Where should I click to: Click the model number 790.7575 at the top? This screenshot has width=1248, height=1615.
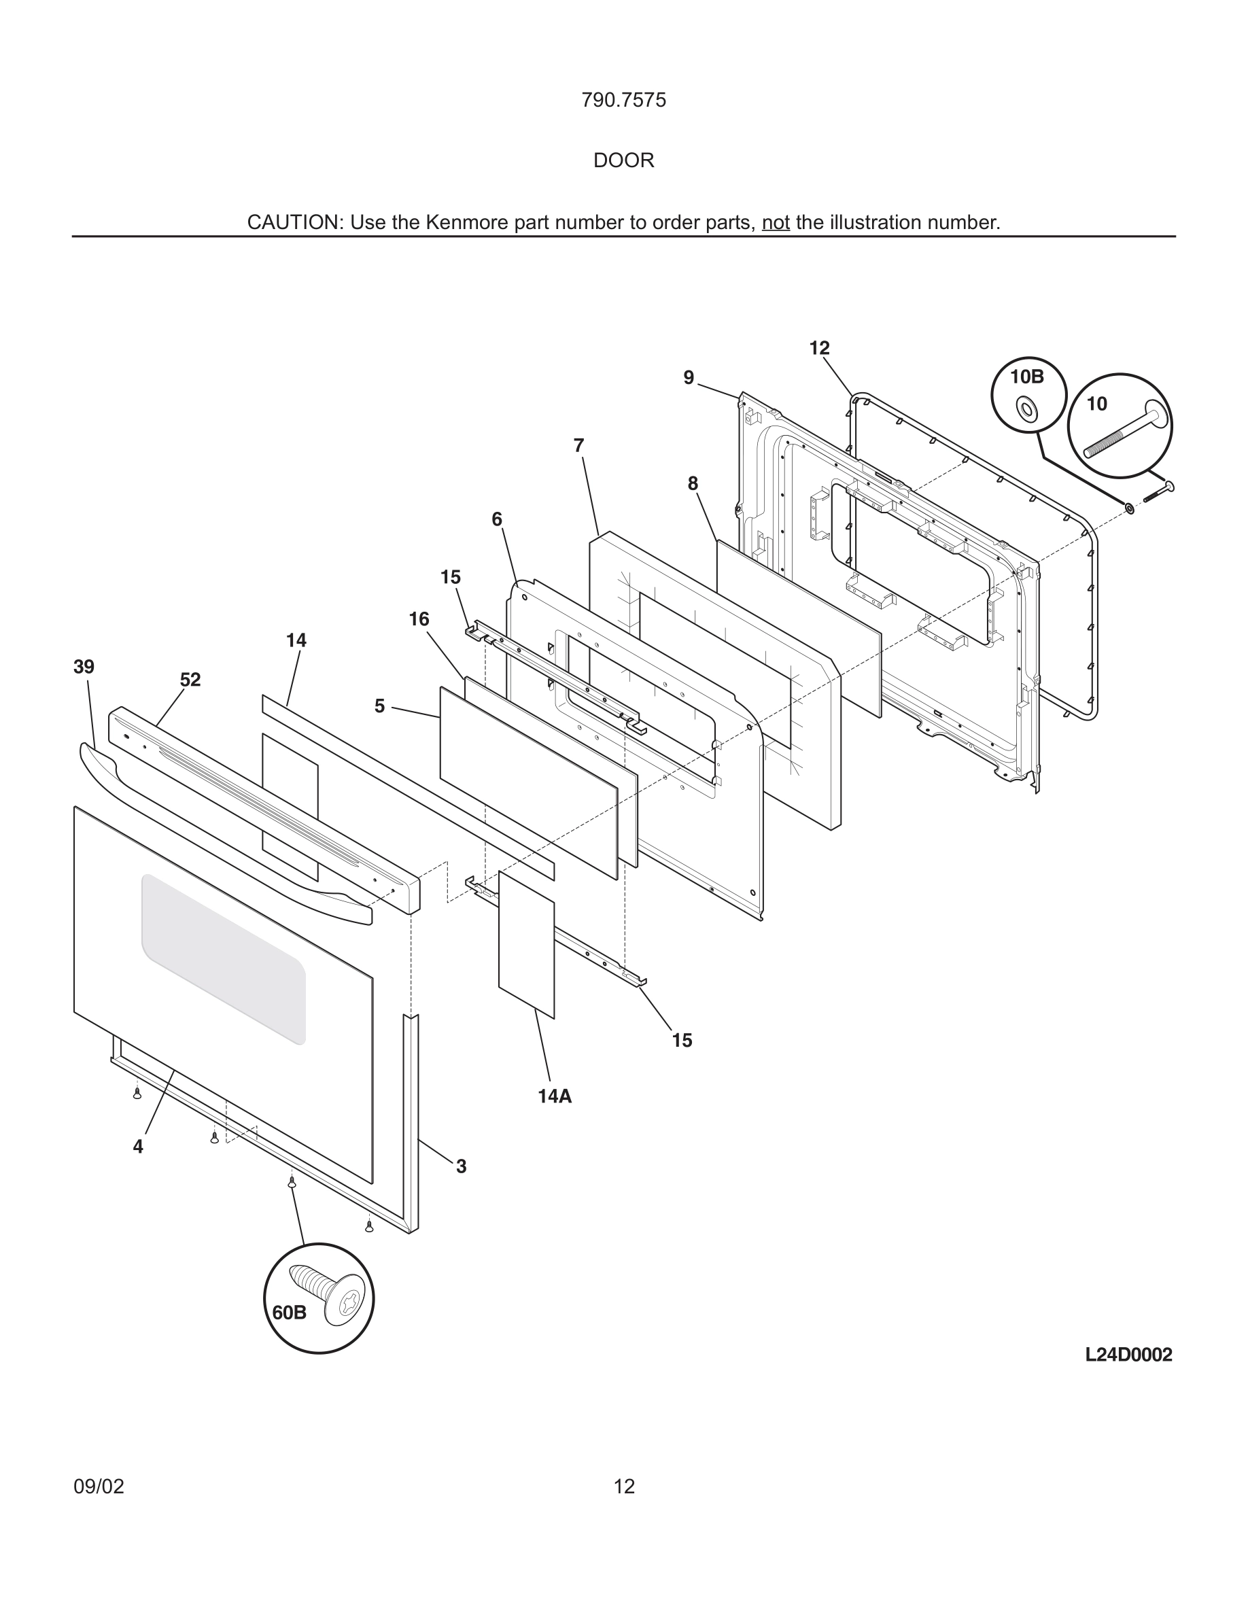coord(623,101)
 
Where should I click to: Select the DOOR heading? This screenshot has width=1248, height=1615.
coord(623,160)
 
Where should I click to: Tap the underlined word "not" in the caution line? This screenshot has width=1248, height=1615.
coord(776,222)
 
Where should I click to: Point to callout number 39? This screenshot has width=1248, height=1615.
coord(84,667)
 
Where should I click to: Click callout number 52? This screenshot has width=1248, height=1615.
coord(190,680)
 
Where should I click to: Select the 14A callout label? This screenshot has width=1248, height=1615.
coord(555,1096)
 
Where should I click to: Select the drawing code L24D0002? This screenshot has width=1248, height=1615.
coord(1128,1355)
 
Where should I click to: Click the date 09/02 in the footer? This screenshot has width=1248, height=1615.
coord(99,1487)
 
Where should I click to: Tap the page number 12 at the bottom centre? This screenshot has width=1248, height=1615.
coord(624,1487)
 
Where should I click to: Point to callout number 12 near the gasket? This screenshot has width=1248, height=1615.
coord(819,348)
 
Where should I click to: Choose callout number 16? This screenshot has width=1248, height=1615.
coord(419,619)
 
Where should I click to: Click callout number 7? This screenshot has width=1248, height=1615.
coord(578,446)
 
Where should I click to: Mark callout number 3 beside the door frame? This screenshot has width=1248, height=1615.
coord(461,1167)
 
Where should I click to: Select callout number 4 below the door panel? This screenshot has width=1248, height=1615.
coord(138,1147)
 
